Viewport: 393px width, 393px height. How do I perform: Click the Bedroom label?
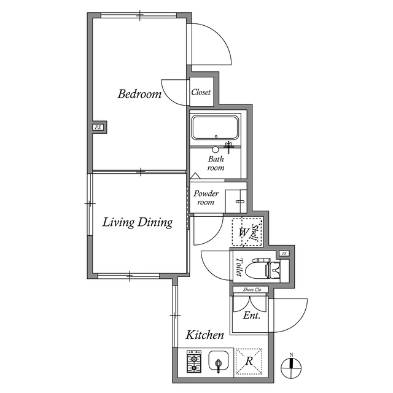pos(139,94)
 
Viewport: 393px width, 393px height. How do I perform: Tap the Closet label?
pos(201,92)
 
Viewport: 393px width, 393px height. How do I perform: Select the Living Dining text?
pos(138,222)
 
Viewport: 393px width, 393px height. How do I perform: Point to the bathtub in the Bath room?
pos(215,127)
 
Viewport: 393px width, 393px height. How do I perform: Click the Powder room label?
pos(206,198)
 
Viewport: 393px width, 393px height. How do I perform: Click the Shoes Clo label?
pos(252,289)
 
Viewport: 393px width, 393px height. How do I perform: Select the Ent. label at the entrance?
pos(252,315)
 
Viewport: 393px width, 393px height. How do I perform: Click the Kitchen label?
pos(204,335)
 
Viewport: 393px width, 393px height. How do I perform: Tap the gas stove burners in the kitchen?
pos(194,362)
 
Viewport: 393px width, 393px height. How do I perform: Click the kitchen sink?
pos(219,361)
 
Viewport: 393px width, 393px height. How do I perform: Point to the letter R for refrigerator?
pos(249,361)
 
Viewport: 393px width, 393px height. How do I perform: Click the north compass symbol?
pos(291,367)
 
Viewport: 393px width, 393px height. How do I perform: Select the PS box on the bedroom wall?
pos(98,127)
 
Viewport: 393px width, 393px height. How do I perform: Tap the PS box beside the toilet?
pos(284,254)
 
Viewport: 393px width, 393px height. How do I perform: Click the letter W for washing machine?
pos(243,232)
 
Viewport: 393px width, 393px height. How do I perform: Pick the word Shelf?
pos(255,233)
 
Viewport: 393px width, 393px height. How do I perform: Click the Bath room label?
pos(216,163)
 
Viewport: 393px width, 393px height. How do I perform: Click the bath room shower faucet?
pos(228,147)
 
